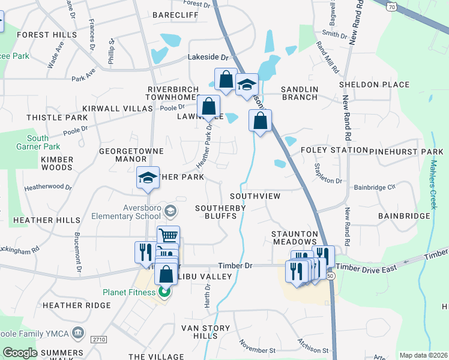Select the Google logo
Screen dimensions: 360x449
tap(20, 353)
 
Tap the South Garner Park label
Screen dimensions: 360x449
tap(46, 142)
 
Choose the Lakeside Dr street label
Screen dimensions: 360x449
tap(209, 58)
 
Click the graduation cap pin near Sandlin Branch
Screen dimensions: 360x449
tap(246, 86)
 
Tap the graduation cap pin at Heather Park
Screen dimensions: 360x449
tap(148, 178)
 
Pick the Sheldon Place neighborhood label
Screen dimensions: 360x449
tap(374, 85)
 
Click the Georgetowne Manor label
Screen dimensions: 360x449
tap(122, 155)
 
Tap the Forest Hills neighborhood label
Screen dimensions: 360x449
tap(47, 35)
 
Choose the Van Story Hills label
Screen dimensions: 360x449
tap(206, 332)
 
